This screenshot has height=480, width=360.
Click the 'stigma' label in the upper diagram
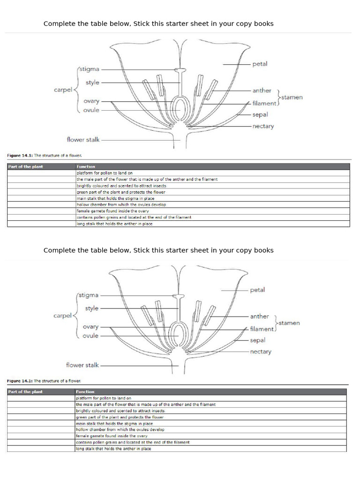90,69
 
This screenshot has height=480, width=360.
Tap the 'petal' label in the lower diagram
257,290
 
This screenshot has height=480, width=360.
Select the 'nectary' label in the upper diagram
263,126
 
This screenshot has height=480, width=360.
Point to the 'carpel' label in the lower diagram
62,315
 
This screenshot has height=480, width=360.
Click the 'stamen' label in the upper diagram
292,97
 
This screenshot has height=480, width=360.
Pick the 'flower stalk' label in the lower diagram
82,365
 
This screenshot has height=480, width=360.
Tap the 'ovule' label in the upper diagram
91,110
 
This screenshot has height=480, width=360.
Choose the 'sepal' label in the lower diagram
257,340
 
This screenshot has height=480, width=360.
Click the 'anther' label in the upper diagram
262,90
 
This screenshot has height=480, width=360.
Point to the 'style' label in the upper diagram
92,82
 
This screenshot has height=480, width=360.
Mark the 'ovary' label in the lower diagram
90,327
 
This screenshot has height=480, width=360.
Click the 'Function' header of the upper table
86,166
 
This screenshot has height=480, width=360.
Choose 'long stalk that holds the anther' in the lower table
113,449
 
